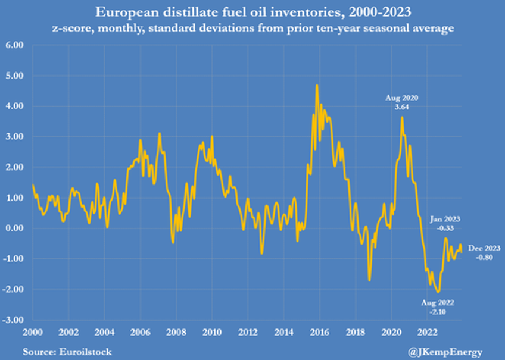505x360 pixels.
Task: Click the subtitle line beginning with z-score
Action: (253, 27)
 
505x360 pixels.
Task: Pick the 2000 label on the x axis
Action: (32, 332)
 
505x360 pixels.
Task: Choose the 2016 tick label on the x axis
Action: (319, 332)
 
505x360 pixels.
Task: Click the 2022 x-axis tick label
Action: (427, 332)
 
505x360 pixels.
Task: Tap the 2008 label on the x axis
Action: (176, 332)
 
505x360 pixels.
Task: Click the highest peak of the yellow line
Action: (317, 85)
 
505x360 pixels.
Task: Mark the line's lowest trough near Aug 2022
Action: (438, 292)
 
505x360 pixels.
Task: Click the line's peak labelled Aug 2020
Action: (402, 117)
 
